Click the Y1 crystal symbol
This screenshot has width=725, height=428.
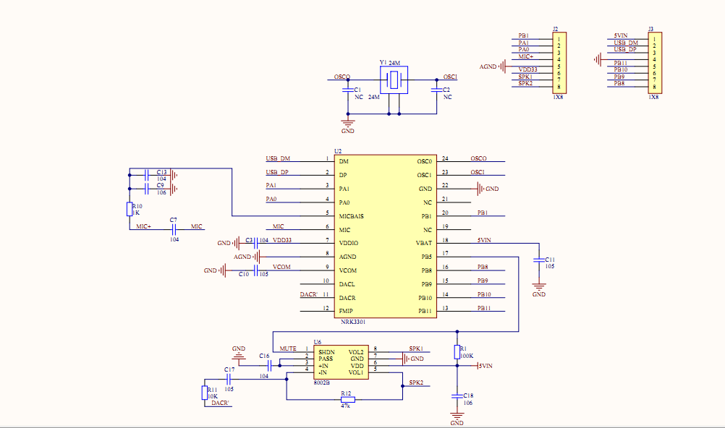click(394, 80)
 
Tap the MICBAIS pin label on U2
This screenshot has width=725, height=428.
click(351, 216)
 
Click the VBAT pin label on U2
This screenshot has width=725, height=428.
click(424, 243)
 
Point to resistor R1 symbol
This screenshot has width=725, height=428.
click(457, 351)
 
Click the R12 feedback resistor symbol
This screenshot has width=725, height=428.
click(347, 400)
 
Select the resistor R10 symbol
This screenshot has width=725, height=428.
click(130, 210)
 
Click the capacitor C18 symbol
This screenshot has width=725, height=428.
click(457, 395)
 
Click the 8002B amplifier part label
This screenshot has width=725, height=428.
click(322, 382)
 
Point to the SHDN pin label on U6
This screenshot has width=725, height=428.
click(326, 351)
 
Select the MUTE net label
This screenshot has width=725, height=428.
click(288, 349)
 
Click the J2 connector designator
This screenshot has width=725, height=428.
click(555, 29)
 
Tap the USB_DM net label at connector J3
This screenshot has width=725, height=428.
click(626, 43)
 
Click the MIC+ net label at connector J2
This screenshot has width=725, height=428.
click(525, 56)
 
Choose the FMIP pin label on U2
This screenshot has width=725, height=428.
click(347, 311)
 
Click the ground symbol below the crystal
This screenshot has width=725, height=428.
click(348, 124)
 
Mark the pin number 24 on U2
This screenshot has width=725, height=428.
click(445, 158)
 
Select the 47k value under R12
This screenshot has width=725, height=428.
click(345, 406)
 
